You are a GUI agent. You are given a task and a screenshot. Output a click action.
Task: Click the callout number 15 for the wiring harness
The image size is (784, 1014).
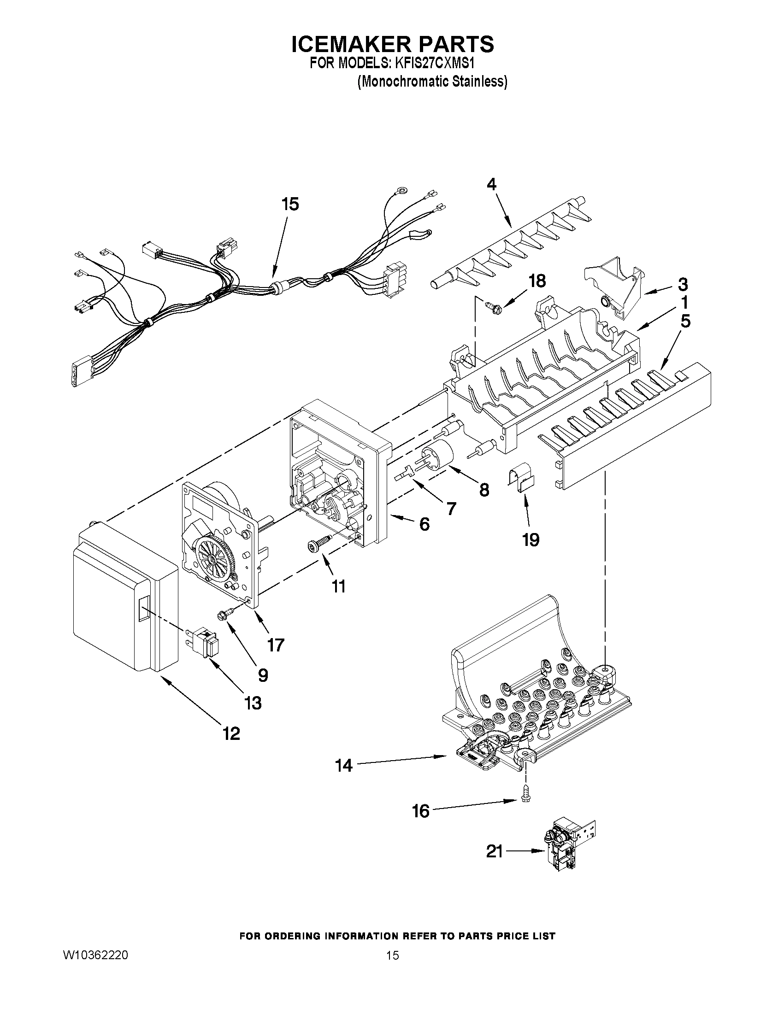290,204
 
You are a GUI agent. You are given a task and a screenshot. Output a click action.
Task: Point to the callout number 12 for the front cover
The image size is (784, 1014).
231,733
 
